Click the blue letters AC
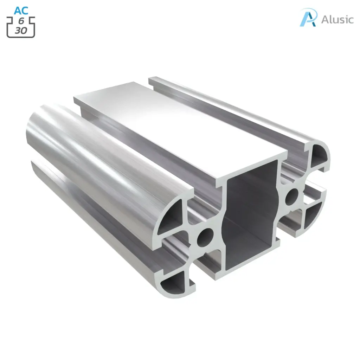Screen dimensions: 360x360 tap(21, 11)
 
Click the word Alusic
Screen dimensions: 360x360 tap(337, 19)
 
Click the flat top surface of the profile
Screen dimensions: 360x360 tap(183, 127)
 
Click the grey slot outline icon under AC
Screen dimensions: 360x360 tap(21, 26)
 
